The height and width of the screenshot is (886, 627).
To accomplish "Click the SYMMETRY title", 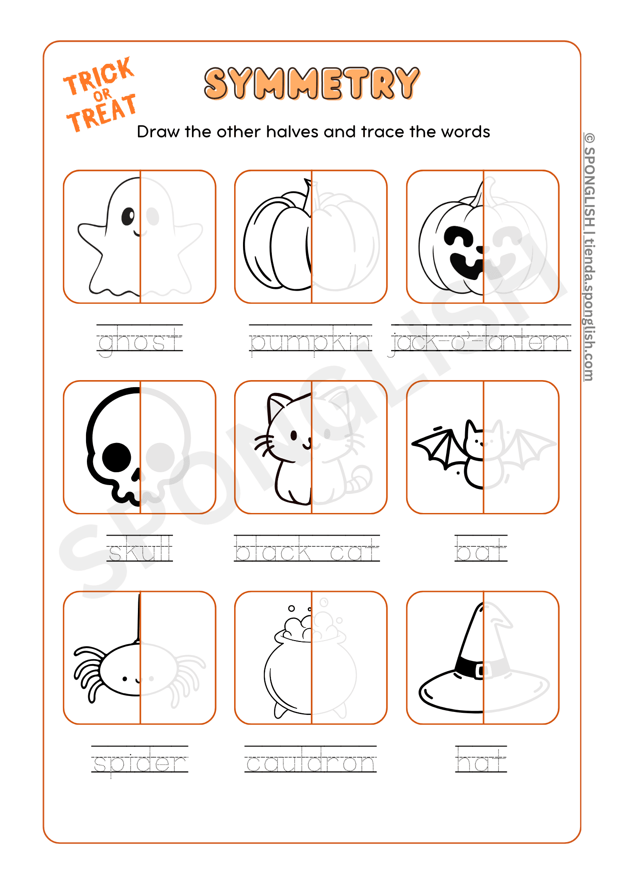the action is pyautogui.click(x=312, y=83).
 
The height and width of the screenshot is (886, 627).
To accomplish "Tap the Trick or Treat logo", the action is pyautogui.click(x=100, y=94).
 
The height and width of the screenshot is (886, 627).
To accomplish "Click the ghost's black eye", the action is pyautogui.click(x=128, y=216).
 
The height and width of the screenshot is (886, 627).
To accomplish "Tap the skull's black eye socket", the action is pyautogui.click(x=117, y=457).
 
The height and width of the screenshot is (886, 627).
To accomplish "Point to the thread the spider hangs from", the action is pyautogui.click(x=138, y=618).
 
